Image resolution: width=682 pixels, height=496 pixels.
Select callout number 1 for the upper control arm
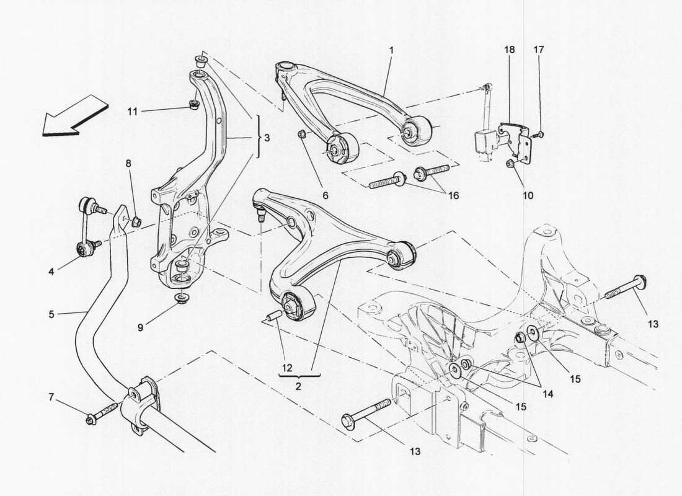click(391, 49)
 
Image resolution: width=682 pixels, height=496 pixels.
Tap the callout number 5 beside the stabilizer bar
click(51, 314)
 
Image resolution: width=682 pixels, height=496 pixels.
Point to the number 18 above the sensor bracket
click(508, 49)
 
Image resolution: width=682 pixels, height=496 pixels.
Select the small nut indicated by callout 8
click(137, 221)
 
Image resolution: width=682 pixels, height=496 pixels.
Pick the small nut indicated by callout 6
click(301, 135)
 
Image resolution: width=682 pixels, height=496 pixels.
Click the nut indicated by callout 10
click(510, 164)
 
